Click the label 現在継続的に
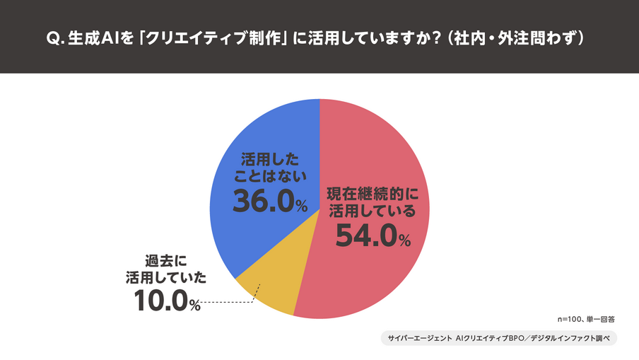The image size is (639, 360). click(x=373, y=192)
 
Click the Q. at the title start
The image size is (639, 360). click(x=56, y=37)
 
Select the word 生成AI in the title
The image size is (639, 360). click(x=95, y=37)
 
